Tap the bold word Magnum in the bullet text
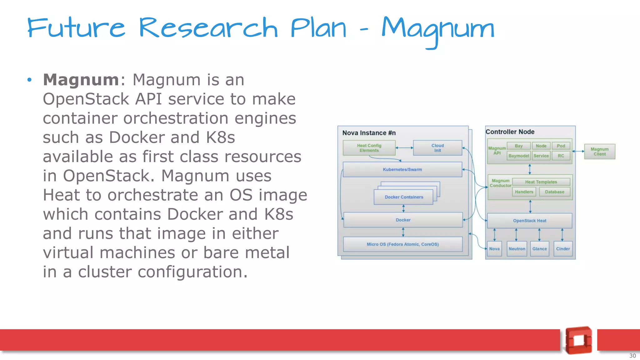pyautogui.click(x=81, y=80)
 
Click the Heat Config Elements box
pyautogui.click(x=369, y=148)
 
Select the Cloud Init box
pyautogui.click(x=437, y=148)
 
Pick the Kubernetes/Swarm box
pyautogui.click(x=402, y=169)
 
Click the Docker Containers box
pyautogui.click(x=404, y=197)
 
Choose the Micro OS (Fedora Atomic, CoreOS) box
pyautogui.click(x=402, y=244)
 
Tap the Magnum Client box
pyautogui.click(x=599, y=152)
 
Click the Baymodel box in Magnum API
pyautogui.click(x=518, y=156)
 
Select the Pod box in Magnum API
pyautogui.click(x=561, y=146)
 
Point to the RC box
pyautogui.click(x=561, y=156)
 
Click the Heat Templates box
pyautogui.click(x=541, y=182)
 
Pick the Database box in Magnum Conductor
pyautogui.click(x=554, y=192)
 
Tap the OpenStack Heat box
pyautogui.click(x=530, y=221)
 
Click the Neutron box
pyautogui.click(x=517, y=249)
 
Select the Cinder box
pyautogui.click(x=563, y=249)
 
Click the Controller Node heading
pyautogui.click(x=510, y=132)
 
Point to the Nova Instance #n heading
pyautogui.click(x=369, y=133)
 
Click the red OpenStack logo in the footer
pyautogui.click(x=578, y=340)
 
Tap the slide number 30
pyautogui.click(x=632, y=356)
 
